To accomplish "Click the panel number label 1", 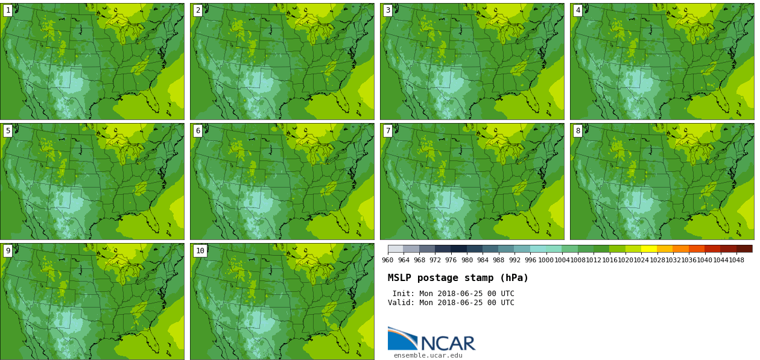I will click(x=8, y=10).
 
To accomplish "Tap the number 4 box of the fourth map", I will click(x=578, y=10).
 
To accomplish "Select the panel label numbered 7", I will click(x=388, y=131).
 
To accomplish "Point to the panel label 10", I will click(x=200, y=251).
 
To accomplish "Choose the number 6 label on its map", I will click(x=198, y=131).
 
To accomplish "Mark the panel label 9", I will click(x=8, y=251).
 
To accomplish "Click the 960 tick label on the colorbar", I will click(x=387, y=261).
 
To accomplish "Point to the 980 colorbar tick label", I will click(x=467, y=261).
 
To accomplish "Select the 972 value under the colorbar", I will click(x=435, y=261).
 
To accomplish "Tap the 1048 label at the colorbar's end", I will click(x=736, y=261).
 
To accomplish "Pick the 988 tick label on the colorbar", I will click(x=498, y=261).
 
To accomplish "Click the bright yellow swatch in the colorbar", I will click(x=648, y=248).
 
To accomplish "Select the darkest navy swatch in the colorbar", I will click(x=458, y=248).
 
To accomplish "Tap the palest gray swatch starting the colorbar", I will click(x=396, y=248).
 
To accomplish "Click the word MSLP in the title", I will click(x=400, y=278).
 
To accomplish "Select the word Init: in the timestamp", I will click(x=404, y=294).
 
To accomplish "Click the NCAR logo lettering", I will click(x=448, y=344).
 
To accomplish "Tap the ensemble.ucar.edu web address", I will click(x=428, y=356).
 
